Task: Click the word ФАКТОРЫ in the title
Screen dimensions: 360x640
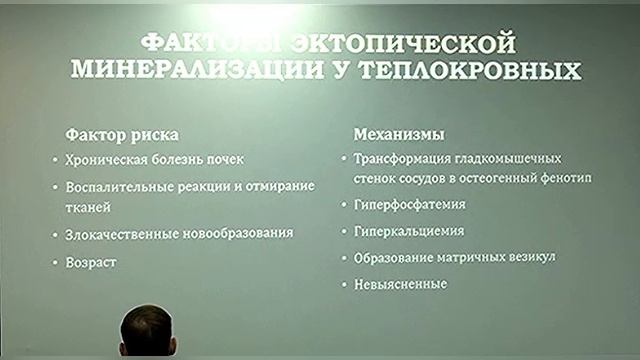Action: [x=199, y=43]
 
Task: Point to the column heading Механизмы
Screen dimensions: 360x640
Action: [x=399, y=132]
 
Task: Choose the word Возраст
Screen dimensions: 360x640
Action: [x=93, y=261]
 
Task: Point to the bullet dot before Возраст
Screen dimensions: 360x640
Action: [x=56, y=262]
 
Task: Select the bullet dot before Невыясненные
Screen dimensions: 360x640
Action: [x=344, y=285]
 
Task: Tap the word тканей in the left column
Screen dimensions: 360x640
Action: [x=89, y=207]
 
